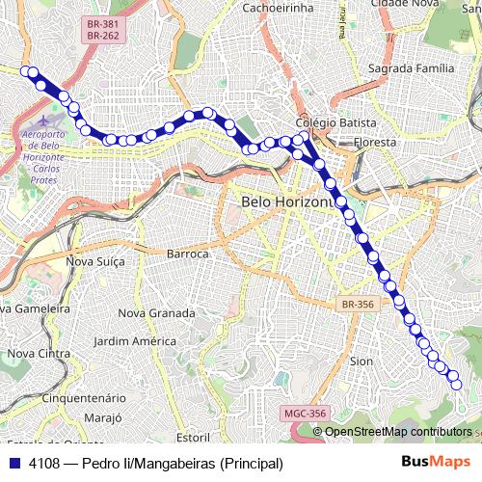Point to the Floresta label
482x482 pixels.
[375, 142]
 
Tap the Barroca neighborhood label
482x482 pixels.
[188, 254]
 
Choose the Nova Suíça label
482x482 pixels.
[95, 261]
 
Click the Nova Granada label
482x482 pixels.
[156, 313]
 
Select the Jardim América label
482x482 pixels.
[136, 341]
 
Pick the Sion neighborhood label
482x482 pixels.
[361, 361]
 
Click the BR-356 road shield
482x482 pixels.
[357, 304]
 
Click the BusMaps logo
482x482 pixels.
[437, 462]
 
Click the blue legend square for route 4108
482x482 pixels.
[14, 463]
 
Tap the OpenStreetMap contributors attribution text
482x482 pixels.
[398, 432]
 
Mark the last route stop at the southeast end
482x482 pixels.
[457, 385]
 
